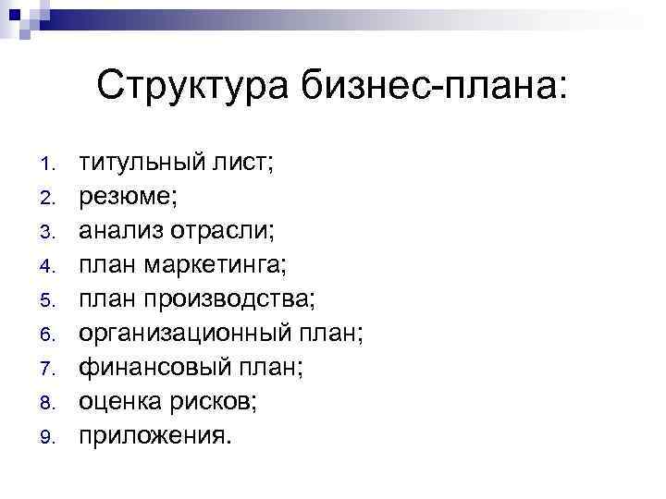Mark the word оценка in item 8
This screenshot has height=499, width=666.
(x=117, y=400)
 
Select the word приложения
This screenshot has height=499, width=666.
(x=152, y=434)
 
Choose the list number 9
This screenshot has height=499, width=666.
(x=50, y=434)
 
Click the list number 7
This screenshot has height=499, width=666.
(x=50, y=368)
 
